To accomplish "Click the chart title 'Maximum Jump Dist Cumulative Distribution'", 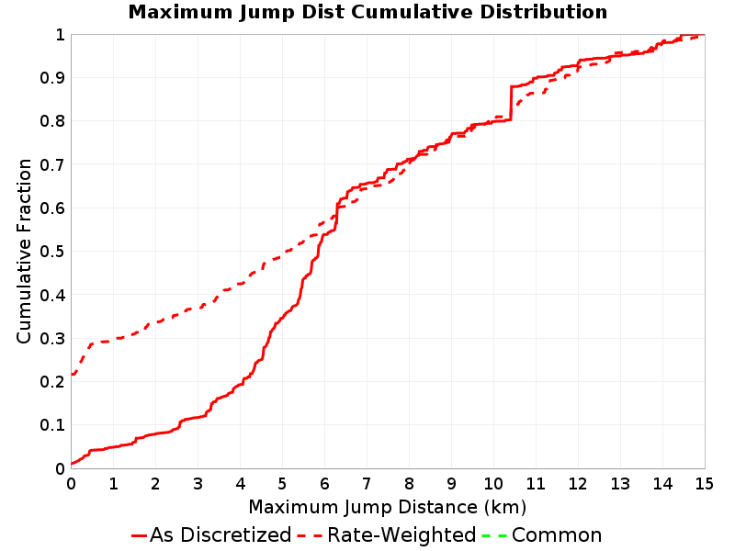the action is [x=367, y=12].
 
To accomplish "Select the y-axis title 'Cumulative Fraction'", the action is [x=24, y=251].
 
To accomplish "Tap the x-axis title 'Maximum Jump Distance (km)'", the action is [x=387, y=508].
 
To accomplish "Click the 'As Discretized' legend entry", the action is [x=211, y=535].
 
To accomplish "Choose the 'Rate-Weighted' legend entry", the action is [x=387, y=535].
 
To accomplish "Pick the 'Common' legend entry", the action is [x=541, y=535].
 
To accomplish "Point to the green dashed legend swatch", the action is [x=494, y=535].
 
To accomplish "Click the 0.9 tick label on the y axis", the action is [x=52, y=78].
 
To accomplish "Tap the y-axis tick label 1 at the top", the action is [x=60, y=35].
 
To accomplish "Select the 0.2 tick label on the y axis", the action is [x=52, y=382].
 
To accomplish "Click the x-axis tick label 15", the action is [x=704, y=484].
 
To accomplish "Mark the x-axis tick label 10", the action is [x=493, y=484].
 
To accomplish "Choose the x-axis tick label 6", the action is [x=324, y=484].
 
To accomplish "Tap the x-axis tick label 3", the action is [x=198, y=484].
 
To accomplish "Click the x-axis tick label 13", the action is [x=619, y=484].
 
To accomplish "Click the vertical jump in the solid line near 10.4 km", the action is [x=511, y=103].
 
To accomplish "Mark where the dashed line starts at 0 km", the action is [x=72, y=375].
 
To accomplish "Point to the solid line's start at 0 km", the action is [x=72, y=464].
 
